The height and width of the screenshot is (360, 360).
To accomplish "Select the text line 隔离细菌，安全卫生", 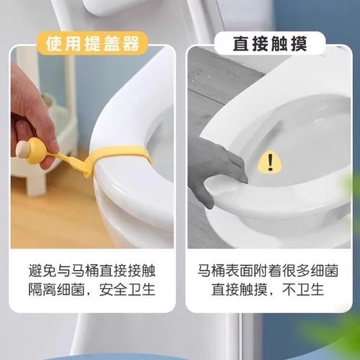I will [94, 292].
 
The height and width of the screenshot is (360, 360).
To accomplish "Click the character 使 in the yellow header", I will [55, 43].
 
